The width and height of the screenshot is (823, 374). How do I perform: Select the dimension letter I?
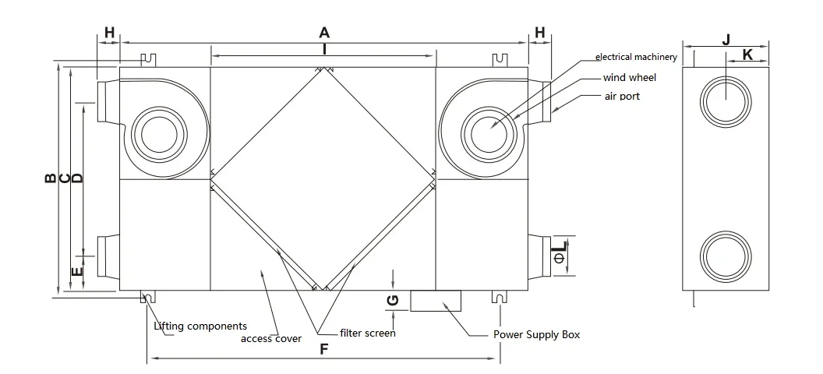[324, 48]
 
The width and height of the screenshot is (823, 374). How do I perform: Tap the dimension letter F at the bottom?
[323, 349]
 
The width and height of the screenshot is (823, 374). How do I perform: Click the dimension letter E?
[76, 272]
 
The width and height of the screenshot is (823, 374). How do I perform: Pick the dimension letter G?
[393, 301]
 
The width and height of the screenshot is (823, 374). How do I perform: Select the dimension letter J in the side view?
[726, 39]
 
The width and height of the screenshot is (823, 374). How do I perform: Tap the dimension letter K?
[747, 55]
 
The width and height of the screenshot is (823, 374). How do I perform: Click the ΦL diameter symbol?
[559, 254]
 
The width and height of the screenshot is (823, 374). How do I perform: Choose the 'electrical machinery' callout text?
[636, 57]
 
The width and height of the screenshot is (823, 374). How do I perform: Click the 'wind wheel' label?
[630, 78]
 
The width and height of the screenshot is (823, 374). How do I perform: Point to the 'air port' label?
[622, 97]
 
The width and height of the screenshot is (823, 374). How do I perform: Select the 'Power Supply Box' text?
[537, 334]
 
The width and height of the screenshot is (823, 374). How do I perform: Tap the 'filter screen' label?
[368, 333]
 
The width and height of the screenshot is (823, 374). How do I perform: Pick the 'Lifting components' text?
[200, 326]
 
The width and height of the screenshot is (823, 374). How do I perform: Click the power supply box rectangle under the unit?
[436, 300]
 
